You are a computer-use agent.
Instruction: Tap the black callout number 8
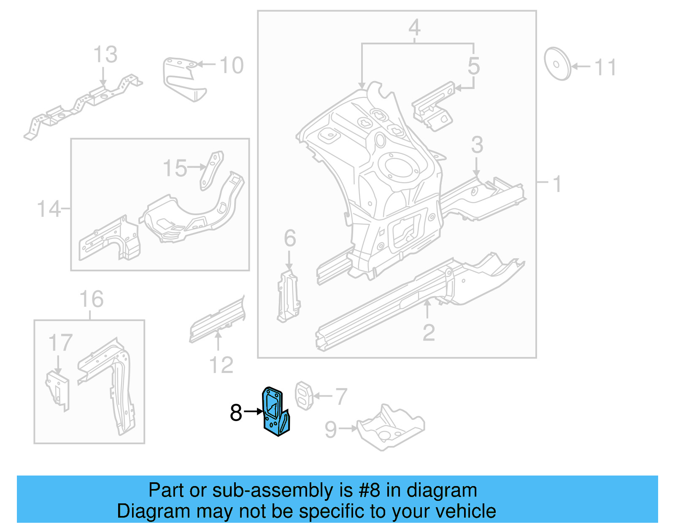(236, 413)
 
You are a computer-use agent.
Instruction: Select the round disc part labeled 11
(557, 64)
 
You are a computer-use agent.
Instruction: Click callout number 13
(105, 55)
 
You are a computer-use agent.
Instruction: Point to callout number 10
(232, 65)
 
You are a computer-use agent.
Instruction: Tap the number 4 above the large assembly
(414, 28)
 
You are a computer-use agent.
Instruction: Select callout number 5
(473, 66)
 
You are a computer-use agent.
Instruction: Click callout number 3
(477, 145)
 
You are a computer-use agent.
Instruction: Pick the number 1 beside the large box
(557, 184)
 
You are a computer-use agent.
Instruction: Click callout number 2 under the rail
(428, 333)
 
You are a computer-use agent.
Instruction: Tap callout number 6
(290, 238)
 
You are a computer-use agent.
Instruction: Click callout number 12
(221, 365)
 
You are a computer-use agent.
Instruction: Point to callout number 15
(175, 168)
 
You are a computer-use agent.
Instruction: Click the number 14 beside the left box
(49, 209)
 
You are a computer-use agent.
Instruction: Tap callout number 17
(60, 343)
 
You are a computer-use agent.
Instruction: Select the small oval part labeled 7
(303, 395)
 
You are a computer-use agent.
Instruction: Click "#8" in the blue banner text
(369, 490)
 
